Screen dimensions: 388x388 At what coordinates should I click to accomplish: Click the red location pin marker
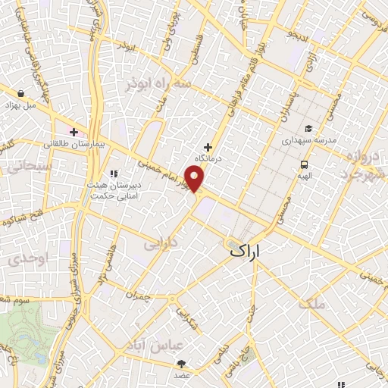click(196, 179)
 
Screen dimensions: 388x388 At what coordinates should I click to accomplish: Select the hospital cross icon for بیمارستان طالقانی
click(74, 132)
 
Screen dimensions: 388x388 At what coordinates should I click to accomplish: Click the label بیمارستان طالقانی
click(73, 143)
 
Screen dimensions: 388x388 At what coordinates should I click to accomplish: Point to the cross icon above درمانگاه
click(208, 146)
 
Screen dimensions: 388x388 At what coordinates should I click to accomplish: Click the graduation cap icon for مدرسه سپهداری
click(308, 128)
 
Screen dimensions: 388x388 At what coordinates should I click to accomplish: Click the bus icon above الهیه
click(304, 164)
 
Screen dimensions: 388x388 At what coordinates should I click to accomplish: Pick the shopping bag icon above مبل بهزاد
click(20, 93)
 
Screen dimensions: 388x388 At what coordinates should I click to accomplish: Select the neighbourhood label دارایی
click(160, 244)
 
